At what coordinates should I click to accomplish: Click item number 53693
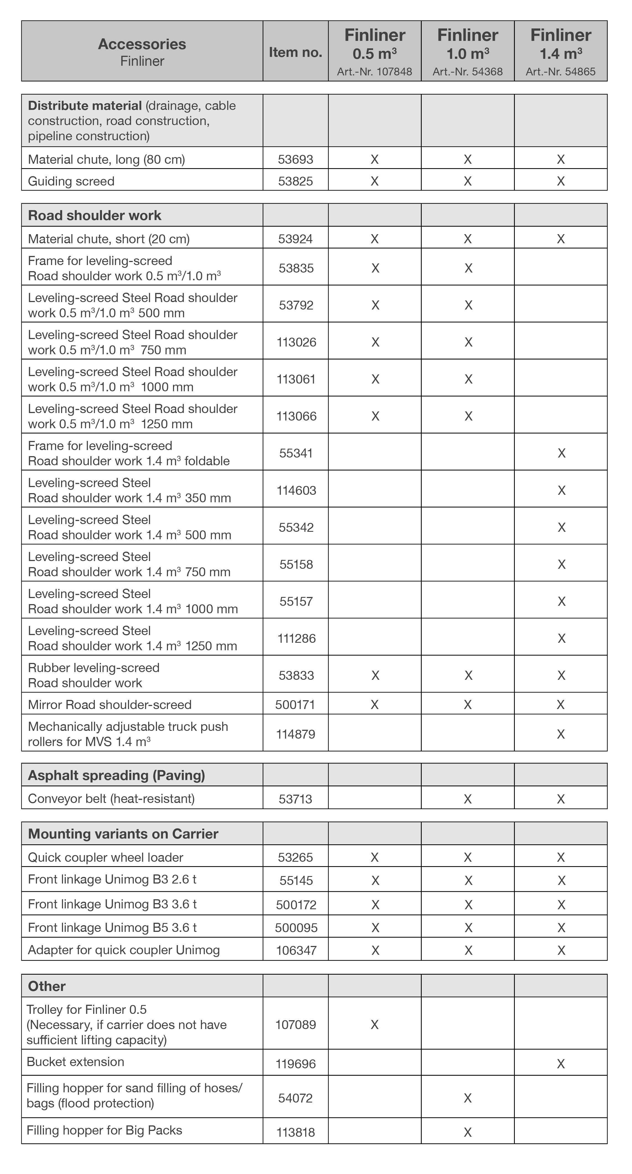[295, 160]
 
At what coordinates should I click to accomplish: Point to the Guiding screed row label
[71, 181]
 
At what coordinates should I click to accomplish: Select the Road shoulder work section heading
[95, 216]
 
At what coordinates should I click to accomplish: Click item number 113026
[297, 342]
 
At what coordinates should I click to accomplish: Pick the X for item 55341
[561, 453]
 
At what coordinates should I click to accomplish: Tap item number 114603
[297, 490]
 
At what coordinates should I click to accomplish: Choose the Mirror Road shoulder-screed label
[109, 705]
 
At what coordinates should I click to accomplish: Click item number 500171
[295, 705]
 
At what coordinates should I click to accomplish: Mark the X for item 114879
[561, 734]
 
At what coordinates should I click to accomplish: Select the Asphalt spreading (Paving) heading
[116, 775]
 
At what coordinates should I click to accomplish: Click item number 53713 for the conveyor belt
[295, 799]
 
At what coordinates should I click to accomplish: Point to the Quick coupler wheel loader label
[105, 857]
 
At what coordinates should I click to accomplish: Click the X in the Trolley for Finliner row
[374, 1025]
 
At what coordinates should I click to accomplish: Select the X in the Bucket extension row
[561, 1064]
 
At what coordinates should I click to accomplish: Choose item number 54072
[295, 1098]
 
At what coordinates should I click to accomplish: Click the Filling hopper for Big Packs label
[104, 1130]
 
